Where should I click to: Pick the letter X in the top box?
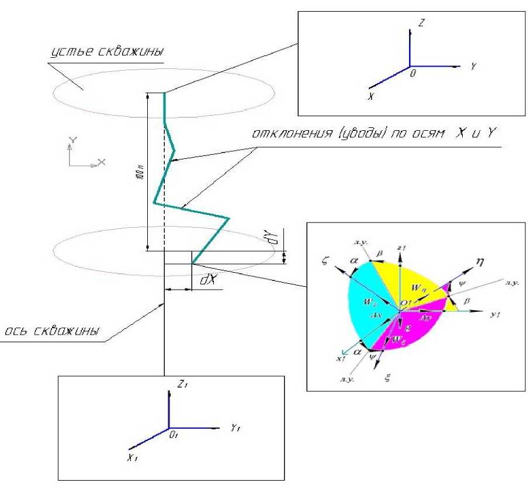tap(370, 96)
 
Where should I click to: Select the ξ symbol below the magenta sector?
tap(386, 378)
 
